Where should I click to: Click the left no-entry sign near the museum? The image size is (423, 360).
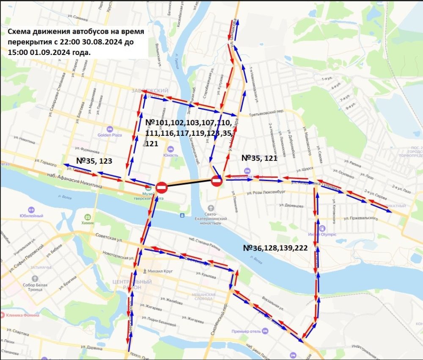[162, 187]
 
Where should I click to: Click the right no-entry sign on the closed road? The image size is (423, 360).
[217, 181]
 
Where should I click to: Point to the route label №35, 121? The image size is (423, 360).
[259, 158]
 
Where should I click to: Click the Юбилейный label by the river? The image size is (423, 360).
[30, 216]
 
